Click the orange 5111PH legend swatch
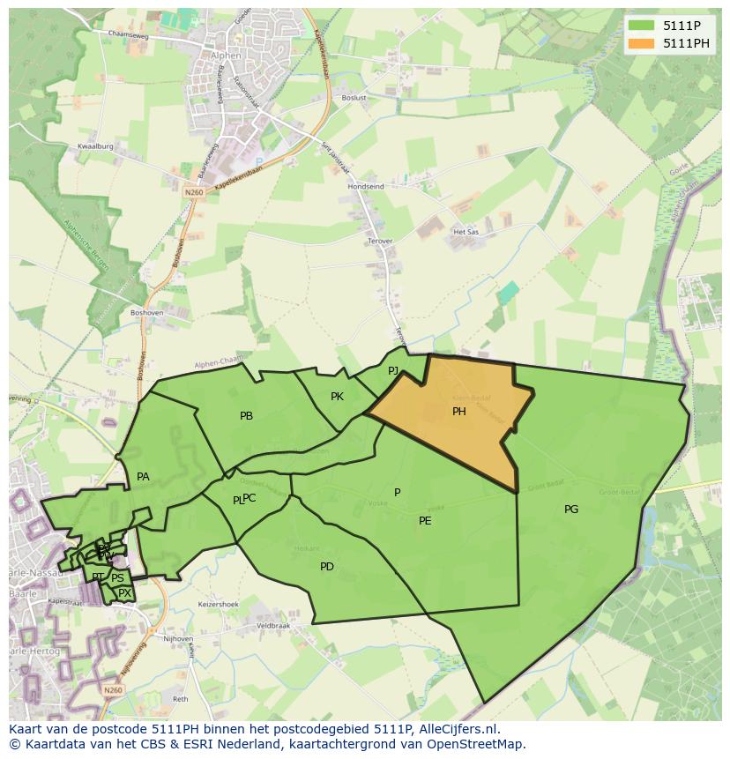pyautogui.click(x=641, y=43)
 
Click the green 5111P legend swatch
pyautogui.click(x=641, y=26)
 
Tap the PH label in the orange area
pyautogui.click(x=458, y=411)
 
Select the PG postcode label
pyautogui.click(x=571, y=509)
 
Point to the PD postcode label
pyautogui.click(x=327, y=566)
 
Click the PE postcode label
pyautogui.click(x=425, y=520)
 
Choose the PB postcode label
pyautogui.click(x=246, y=415)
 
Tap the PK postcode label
pyautogui.click(x=337, y=396)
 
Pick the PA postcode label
pyautogui.click(x=143, y=476)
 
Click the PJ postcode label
pyautogui.click(x=393, y=370)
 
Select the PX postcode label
pyautogui.click(x=124, y=593)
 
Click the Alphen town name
pyautogui.click(x=226, y=52)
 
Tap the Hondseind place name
pyautogui.click(x=365, y=187)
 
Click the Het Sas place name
pyautogui.click(x=464, y=232)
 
